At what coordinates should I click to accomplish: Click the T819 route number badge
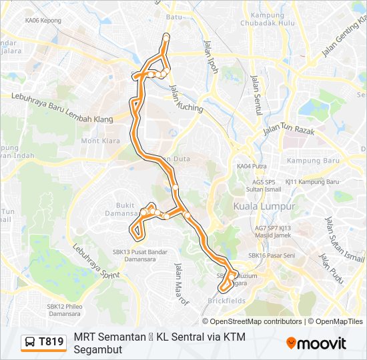point(44,342)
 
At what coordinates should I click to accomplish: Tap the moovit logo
point(316,343)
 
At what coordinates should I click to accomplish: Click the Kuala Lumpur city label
point(264,207)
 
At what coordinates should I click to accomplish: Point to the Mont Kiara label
point(100,141)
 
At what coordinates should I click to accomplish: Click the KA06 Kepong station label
point(43,21)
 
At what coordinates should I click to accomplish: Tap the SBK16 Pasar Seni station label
point(272,255)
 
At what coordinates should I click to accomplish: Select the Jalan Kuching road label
point(186,100)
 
